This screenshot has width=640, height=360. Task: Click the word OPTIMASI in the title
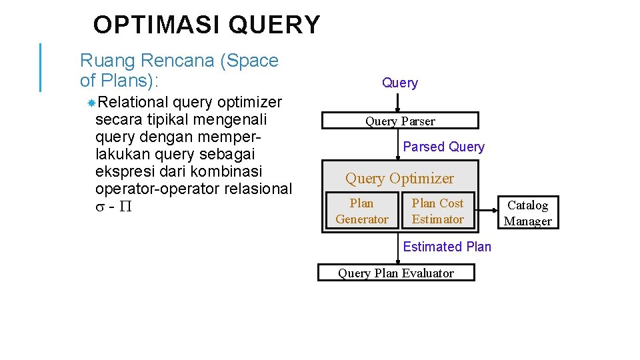157,25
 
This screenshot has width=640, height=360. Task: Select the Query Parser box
400,121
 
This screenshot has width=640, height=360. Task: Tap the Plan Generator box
362,211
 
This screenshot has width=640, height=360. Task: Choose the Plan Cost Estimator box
437,211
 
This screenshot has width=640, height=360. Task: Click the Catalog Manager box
527,213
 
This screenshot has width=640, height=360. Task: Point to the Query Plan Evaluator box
396,273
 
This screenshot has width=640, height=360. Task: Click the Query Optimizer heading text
399,179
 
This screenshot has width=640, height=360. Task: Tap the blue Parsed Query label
444,147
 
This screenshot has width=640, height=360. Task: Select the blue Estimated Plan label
447,247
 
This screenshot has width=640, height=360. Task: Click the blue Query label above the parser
400,83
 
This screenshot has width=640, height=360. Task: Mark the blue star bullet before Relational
91,102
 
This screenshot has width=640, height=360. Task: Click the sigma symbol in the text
100,207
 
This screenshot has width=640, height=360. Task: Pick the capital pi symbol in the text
125,207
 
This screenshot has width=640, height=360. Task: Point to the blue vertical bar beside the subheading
41,67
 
